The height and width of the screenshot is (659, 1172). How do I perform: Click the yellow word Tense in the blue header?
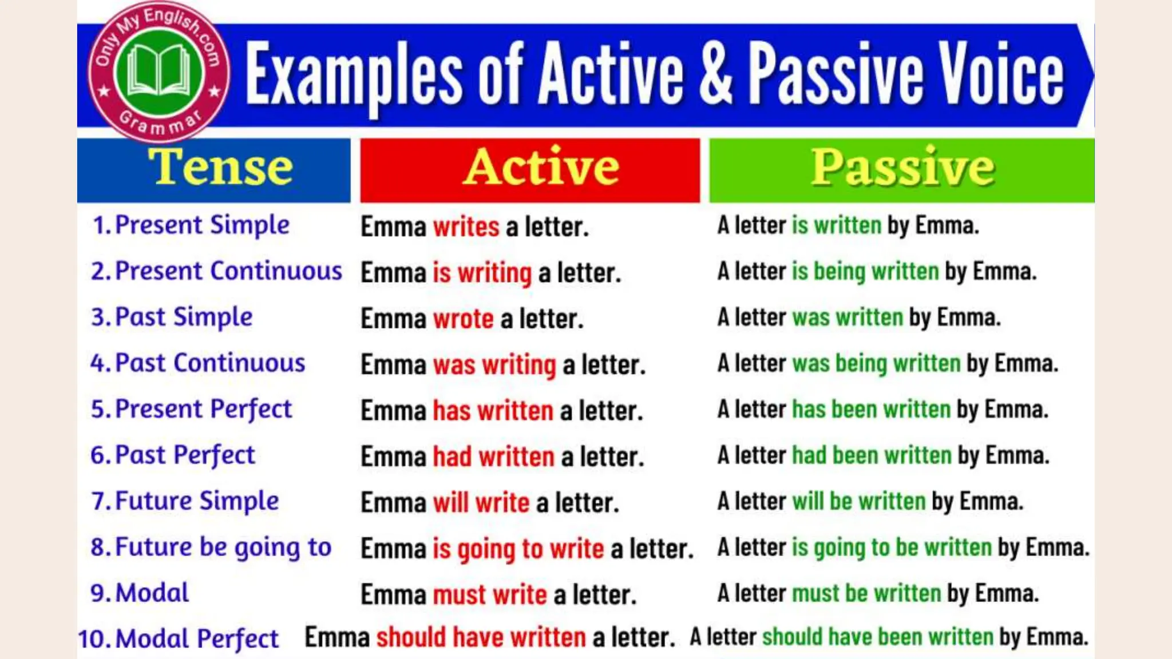coord(220,167)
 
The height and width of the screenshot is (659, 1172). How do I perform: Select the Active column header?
coord(541,167)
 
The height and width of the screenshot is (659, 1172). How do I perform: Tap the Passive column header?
coord(902,167)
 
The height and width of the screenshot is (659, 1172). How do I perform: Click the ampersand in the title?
coord(715,74)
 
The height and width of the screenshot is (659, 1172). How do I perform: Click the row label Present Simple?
coord(202,225)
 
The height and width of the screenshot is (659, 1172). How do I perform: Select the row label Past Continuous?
coord(210,363)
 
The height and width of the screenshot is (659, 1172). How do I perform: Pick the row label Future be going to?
coord(223,547)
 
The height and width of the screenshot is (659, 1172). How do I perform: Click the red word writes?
coord(466,227)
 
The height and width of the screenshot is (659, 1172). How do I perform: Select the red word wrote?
coord(463,319)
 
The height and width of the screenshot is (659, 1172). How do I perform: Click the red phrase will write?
coord(481,503)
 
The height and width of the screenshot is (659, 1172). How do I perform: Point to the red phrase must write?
coord(489,595)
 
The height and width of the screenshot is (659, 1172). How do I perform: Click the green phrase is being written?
coord(865,272)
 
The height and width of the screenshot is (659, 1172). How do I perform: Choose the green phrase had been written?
coord(871,456)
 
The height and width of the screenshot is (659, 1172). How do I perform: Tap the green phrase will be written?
coord(858,502)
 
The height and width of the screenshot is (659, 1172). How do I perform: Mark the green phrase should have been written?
coord(877,637)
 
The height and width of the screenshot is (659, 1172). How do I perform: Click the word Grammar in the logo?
coord(160,123)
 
